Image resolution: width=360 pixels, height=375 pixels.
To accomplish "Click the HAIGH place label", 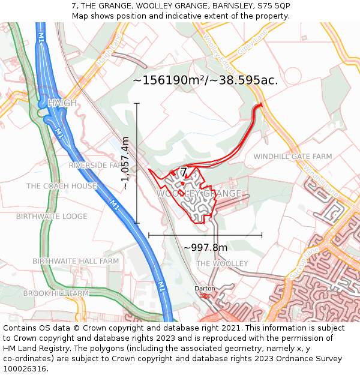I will tap(62, 103).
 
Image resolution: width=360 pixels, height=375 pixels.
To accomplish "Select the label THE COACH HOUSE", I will tap(61, 186).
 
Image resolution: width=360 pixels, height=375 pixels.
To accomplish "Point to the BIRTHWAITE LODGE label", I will tap(52, 216).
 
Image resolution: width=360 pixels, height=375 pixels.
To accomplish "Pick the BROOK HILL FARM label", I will tap(56, 293).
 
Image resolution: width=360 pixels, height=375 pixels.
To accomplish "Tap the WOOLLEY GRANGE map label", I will tap(199, 194).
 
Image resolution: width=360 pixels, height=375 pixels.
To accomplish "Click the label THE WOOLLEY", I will tap(222, 264).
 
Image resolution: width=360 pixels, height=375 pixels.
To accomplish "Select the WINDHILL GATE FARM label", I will tap(292, 157).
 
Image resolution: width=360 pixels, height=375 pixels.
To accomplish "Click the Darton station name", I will tap(205, 289).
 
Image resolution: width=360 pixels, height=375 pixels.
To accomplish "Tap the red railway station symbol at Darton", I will tap(206, 295).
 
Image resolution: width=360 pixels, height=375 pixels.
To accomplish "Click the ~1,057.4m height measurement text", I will tap(125, 163).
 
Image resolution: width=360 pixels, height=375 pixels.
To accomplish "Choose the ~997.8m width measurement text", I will tap(205, 248).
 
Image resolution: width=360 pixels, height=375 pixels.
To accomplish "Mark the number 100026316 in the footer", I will tap(25, 368).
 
